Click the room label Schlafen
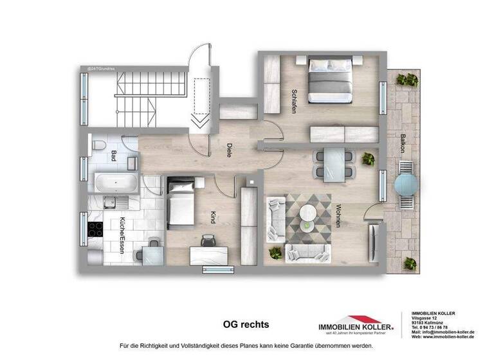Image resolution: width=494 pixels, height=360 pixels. (293, 101)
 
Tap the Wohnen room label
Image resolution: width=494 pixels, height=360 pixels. (338, 215)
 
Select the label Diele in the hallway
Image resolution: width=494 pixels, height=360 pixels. (229, 150)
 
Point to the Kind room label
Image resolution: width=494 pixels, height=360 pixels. (213, 217)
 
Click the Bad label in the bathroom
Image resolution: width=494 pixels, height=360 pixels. (114, 155)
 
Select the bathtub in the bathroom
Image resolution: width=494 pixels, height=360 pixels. (116, 183)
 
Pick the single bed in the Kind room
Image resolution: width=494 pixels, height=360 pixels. (181, 205)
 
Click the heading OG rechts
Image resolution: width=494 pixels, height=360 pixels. (246, 324)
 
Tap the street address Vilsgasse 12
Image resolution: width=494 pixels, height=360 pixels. (425, 319)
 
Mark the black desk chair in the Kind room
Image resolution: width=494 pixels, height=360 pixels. (208, 240)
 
